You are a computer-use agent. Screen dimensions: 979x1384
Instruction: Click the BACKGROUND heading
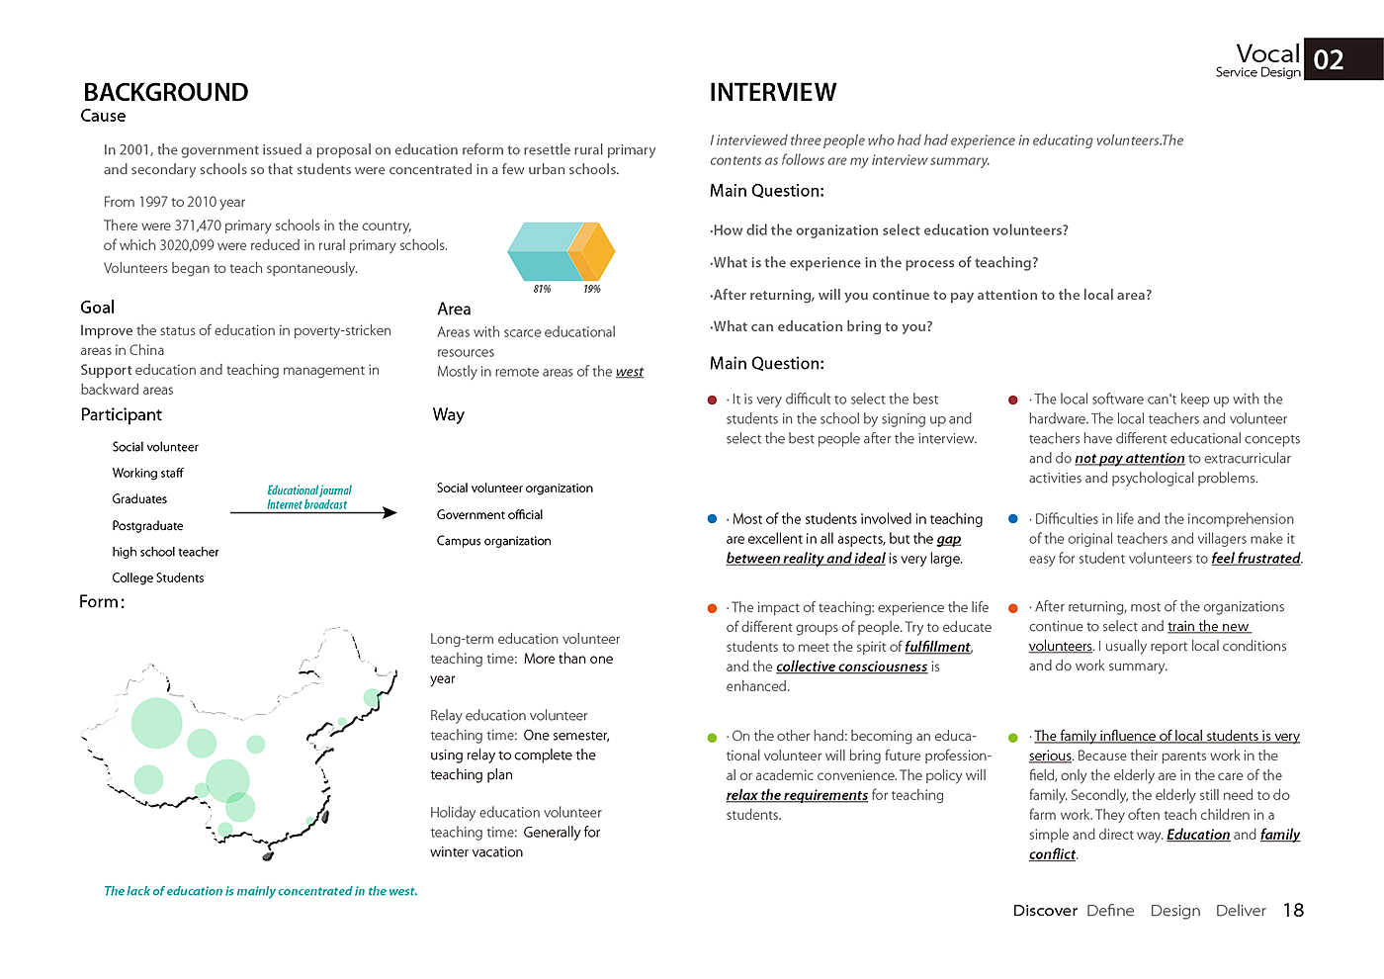(x=165, y=92)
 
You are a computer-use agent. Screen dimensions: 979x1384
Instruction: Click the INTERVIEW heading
(x=772, y=92)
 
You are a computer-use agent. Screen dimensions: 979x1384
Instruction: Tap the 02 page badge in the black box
(x=1329, y=60)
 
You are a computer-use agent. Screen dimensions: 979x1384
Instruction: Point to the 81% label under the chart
(x=542, y=289)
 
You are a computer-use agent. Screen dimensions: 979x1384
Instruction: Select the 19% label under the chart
(x=591, y=289)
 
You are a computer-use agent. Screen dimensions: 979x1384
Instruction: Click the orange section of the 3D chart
(x=591, y=251)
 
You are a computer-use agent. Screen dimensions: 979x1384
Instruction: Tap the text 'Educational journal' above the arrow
(x=308, y=490)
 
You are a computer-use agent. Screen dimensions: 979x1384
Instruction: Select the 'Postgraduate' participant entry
(x=147, y=526)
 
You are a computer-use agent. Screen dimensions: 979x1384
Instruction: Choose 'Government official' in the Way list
(x=489, y=515)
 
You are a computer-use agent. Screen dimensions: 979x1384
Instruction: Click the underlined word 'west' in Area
(x=629, y=372)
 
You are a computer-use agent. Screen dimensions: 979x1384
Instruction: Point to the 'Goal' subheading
(x=97, y=308)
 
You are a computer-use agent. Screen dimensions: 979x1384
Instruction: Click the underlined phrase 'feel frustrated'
(x=1255, y=559)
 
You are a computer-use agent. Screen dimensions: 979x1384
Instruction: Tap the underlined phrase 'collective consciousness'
(x=851, y=667)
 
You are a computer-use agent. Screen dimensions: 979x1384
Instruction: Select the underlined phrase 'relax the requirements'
(x=797, y=796)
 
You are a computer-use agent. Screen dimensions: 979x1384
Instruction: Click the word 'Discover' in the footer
(x=1044, y=911)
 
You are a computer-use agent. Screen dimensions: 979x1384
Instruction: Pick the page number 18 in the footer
(x=1293, y=911)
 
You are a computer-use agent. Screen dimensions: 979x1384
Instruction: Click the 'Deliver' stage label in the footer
(x=1240, y=911)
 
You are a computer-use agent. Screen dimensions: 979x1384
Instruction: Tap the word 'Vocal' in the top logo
(x=1267, y=53)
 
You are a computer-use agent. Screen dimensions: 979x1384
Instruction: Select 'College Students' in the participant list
(x=158, y=578)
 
